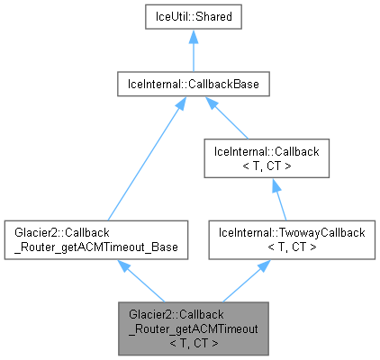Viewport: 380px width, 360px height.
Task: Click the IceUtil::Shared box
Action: tap(189, 18)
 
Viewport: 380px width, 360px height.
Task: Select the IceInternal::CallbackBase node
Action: tap(189, 86)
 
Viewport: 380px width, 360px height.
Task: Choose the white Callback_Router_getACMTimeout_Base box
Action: tap(95, 238)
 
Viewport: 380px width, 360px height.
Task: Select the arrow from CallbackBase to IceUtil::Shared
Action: tap(189, 54)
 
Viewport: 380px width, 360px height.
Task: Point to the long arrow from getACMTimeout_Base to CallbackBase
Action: tap(135, 162)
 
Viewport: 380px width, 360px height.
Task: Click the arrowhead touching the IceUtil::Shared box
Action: tap(189, 39)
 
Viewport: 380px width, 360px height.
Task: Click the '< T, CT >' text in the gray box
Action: tap(191, 343)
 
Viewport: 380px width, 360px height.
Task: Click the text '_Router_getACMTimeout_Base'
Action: tap(95, 246)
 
